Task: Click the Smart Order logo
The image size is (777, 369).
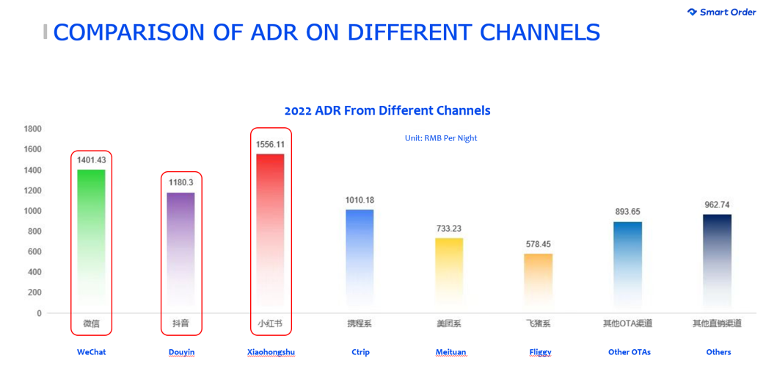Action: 722,12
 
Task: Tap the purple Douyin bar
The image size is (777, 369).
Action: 180,252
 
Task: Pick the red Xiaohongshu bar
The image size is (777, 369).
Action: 270,233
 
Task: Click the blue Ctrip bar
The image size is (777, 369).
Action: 360,261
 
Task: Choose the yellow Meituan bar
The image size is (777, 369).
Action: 449,275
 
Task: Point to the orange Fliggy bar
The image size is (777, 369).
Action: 539,283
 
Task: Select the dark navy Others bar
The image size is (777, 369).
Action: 718,263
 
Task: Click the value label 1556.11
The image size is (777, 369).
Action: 270,144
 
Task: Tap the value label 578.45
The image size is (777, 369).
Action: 539,244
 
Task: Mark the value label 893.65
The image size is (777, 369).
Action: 628,212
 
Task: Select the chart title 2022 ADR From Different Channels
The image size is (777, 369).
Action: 387,110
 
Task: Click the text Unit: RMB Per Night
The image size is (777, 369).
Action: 441,139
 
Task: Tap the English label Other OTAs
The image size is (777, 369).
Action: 630,352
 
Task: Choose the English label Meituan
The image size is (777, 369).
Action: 450,352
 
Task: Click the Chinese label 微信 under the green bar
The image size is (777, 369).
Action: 91,324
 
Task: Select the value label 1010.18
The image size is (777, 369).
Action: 360,200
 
